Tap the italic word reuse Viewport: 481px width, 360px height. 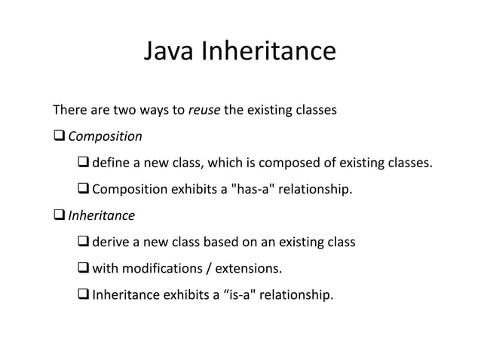tap(204, 111)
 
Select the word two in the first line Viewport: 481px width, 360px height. tap(124, 111)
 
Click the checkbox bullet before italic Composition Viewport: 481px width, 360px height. tap(59, 137)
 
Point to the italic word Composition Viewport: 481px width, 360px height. tap(105, 137)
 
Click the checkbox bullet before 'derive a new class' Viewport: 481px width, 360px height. tap(84, 243)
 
